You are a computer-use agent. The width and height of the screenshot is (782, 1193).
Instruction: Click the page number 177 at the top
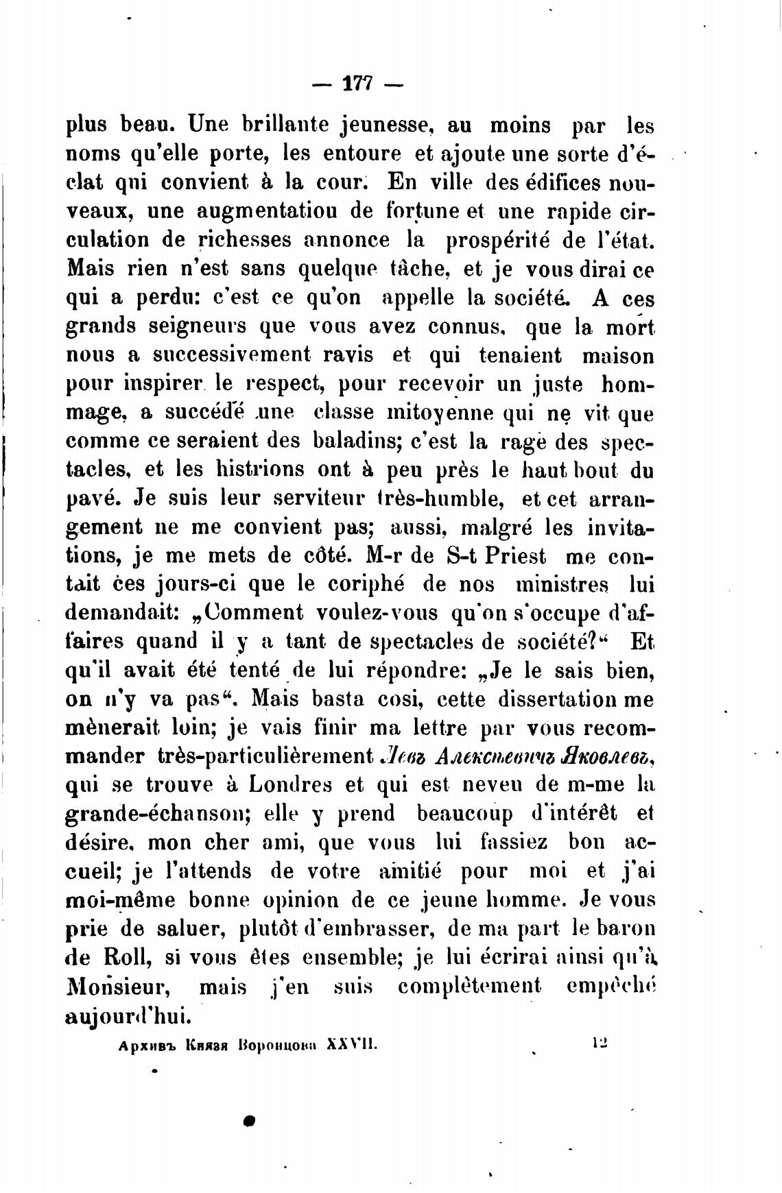357,85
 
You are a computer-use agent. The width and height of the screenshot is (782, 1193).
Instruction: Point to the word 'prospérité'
499,241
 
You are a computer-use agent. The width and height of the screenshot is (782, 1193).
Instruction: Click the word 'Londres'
291,784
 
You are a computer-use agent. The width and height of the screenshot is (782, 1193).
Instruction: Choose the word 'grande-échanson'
156,813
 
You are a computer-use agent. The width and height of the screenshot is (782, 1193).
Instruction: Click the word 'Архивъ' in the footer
147,1046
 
